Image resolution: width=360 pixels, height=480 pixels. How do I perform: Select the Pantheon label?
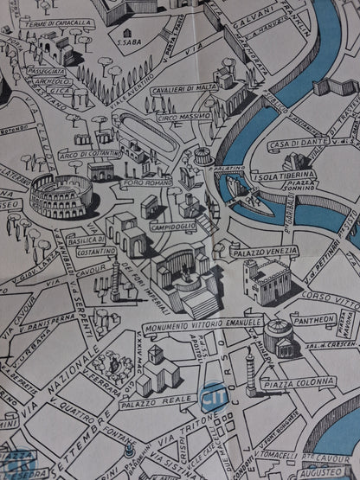[313, 319]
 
